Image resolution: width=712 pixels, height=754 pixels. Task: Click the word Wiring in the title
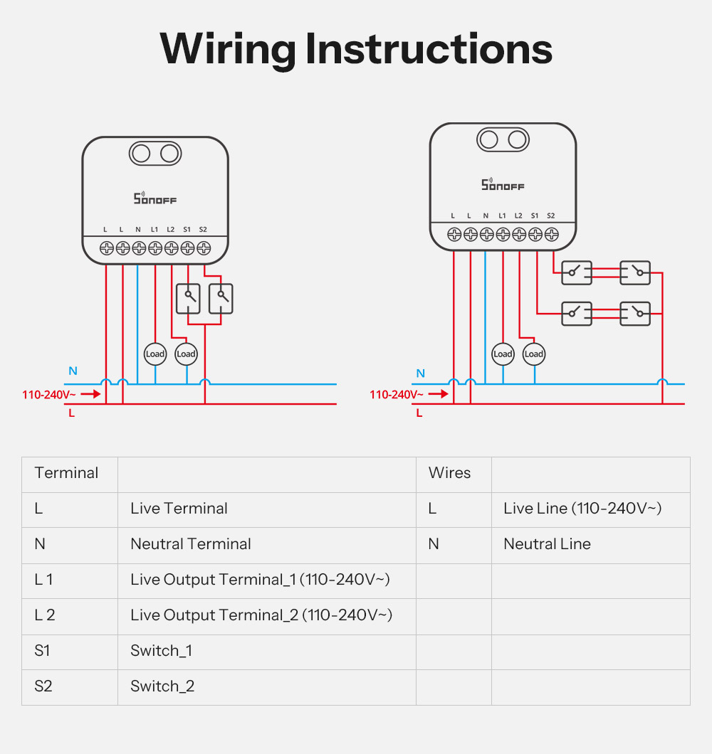pos(227,50)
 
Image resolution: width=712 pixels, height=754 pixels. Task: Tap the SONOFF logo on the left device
pos(155,198)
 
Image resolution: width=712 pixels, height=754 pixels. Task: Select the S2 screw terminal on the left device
pos(204,248)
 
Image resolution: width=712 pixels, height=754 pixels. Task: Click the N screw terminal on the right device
pos(486,234)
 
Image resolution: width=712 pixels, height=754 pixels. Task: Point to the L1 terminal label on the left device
pos(155,229)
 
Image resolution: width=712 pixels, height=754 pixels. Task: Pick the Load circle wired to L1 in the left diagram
pos(155,354)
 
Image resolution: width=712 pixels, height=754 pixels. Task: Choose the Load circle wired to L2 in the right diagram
pos(533,354)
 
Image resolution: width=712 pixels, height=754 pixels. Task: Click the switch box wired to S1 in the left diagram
pos(188,299)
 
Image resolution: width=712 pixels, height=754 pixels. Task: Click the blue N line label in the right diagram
pos(420,373)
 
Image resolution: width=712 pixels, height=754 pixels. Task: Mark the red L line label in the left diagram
pos(71,413)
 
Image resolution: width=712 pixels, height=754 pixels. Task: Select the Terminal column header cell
pos(66,473)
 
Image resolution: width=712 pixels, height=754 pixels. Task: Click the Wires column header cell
pos(449,473)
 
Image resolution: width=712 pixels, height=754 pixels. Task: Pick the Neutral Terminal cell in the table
pos(191,544)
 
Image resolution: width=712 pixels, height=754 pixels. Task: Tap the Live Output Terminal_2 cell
pos(261,615)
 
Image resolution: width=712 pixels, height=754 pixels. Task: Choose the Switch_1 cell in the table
pos(161,651)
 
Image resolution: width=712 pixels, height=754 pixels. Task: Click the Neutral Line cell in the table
pos(547,544)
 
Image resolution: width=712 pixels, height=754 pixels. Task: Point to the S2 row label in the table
pos(43,686)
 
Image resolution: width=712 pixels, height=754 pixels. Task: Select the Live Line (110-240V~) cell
pos(582,509)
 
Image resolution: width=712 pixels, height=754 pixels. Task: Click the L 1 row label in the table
pos(43,580)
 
